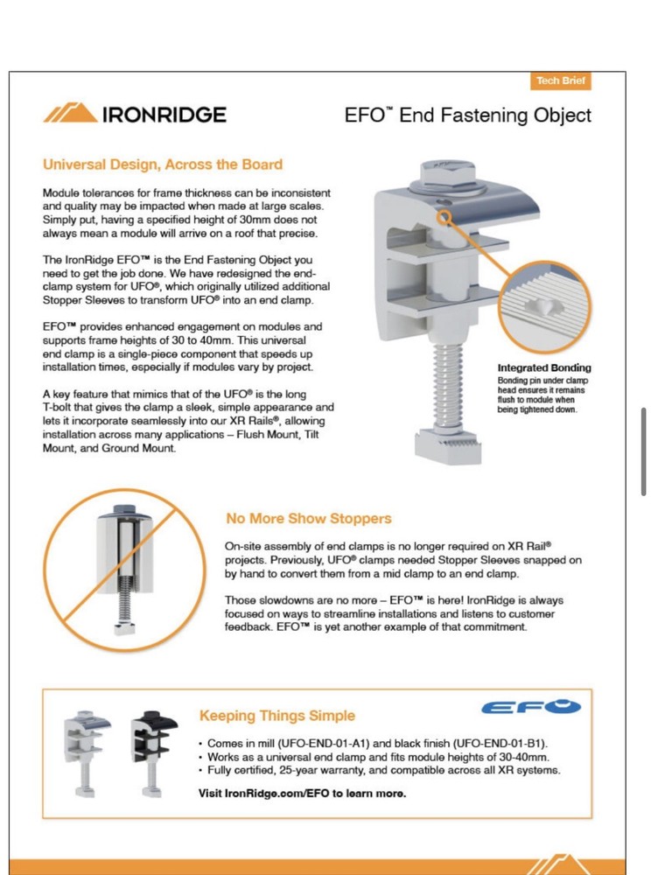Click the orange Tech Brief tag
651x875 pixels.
click(561, 81)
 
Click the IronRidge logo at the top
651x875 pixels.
click(135, 115)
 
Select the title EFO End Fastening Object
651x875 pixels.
click(467, 115)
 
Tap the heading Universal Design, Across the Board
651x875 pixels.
click(163, 164)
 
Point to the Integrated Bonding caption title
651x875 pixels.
click(544, 367)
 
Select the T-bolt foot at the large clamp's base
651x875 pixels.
click(448, 443)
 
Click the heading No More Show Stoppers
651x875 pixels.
click(308, 518)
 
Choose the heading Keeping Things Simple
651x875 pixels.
click(276, 716)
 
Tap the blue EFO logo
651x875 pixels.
click(532, 706)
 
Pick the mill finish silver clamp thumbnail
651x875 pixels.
click(87, 744)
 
